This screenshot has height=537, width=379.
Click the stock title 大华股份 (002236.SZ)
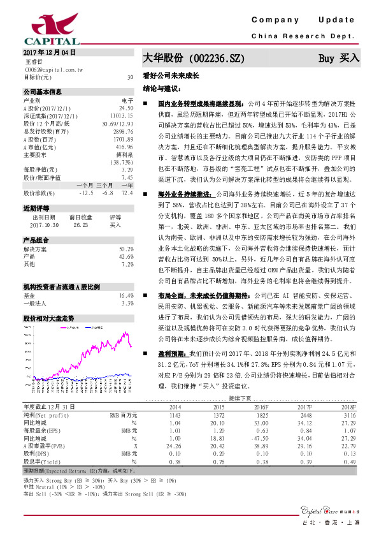[194, 58]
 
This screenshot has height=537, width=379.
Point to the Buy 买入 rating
[339, 58]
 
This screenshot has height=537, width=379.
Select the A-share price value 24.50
[126, 109]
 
